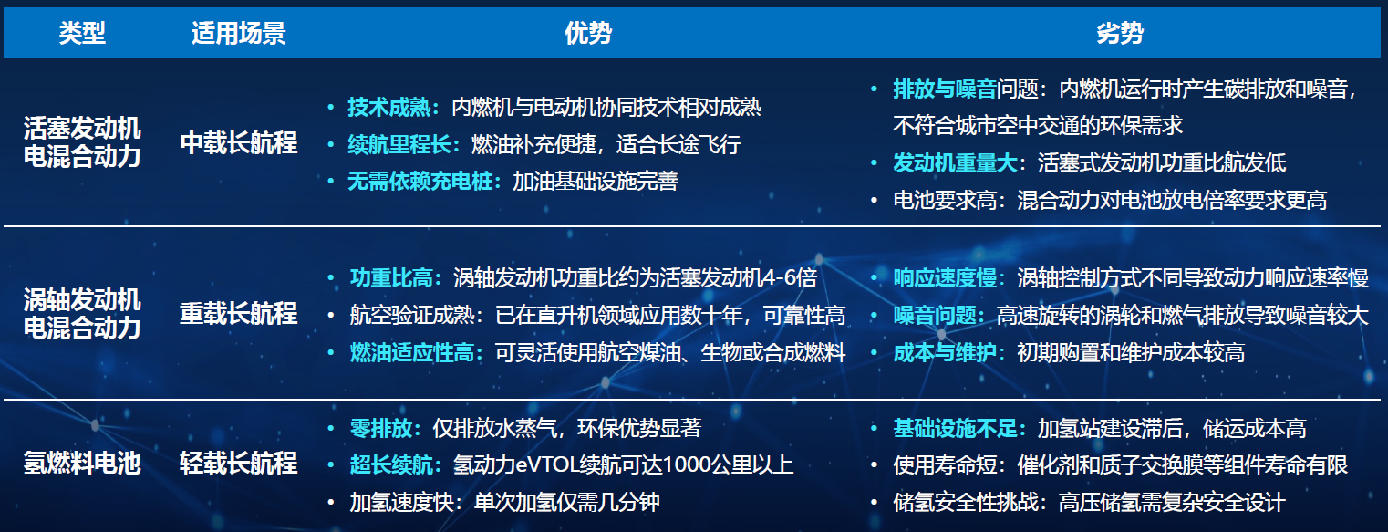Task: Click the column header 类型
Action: (82, 33)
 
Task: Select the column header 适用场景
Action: (239, 33)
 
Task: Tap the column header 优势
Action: (588, 33)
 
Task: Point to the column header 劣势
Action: (1120, 33)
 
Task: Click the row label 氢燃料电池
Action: (82, 464)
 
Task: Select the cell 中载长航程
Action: (239, 143)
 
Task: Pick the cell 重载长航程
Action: (239, 314)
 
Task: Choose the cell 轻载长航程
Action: (239, 464)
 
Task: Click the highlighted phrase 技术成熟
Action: (389, 108)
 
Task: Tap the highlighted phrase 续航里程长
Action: (399, 144)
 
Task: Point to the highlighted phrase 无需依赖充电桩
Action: (420, 181)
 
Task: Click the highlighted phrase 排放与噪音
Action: (945, 89)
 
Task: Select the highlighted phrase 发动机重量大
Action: (955, 163)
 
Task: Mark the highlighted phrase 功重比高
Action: (391, 277)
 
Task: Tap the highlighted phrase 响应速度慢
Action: (945, 277)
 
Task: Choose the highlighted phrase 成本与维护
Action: (945, 353)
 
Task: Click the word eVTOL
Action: (546, 465)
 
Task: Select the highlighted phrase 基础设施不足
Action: (955, 429)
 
